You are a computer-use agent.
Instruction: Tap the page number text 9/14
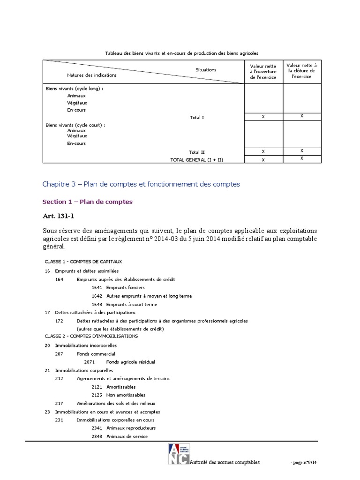click(x=307, y=462)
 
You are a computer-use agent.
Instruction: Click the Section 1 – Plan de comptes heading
click(x=87, y=202)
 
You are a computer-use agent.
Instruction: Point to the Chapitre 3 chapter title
click(x=141, y=184)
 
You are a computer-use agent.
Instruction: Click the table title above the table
click(x=182, y=53)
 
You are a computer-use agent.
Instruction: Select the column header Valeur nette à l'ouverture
click(x=263, y=72)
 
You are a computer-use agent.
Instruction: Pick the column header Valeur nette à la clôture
click(x=301, y=71)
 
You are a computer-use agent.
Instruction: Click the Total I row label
click(x=197, y=117)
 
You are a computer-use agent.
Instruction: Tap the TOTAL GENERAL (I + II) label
click(x=197, y=159)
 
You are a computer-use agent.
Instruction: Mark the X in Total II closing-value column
click(x=301, y=151)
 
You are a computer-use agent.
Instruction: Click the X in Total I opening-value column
click(x=263, y=117)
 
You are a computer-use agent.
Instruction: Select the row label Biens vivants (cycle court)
click(x=75, y=125)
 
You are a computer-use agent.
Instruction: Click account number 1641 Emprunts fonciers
click(x=118, y=287)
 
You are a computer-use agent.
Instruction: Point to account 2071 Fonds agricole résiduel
click(x=120, y=362)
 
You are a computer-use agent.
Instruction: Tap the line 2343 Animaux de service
click(x=120, y=436)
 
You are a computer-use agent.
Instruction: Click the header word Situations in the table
click(x=206, y=70)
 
